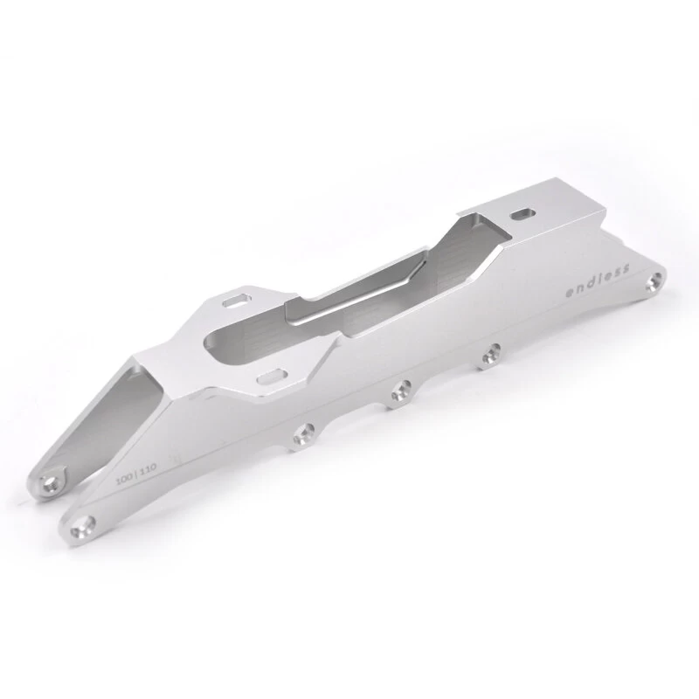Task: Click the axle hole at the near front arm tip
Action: pyautogui.click(x=85, y=525)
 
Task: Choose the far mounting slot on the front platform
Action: pyautogui.click(x=235, y=301)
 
